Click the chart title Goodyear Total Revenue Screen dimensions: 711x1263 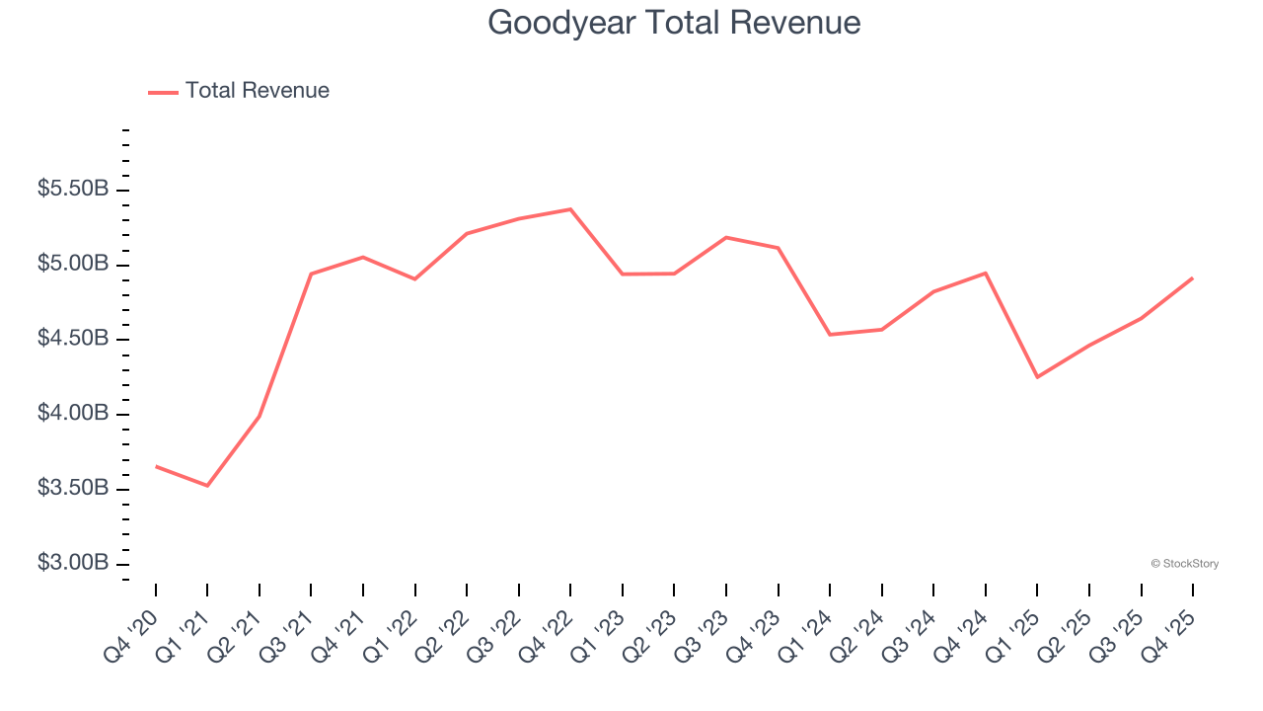[x=674, y=22]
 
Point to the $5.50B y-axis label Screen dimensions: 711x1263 [x=73, y=189]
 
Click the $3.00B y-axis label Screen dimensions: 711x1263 [x=73, y=563]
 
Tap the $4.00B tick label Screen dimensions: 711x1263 [x=73, y=413]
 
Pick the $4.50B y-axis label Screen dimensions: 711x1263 [x=73, y=339]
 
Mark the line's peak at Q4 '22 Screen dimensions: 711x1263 [x=570, y=209]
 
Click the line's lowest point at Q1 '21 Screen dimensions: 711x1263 [x=207, y=486]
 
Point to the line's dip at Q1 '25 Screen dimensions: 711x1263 [x=1037, y=377]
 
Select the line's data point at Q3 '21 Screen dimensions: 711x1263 [x=311, y=274]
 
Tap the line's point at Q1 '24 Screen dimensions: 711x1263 [x=830, y=335]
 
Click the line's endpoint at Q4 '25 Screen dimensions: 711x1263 [x=1193, y=278]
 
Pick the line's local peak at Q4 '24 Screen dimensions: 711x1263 [x=986, y=273]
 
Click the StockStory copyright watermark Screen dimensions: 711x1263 [x=1184, y=564]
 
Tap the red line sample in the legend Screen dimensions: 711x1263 [x=163, y=92]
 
